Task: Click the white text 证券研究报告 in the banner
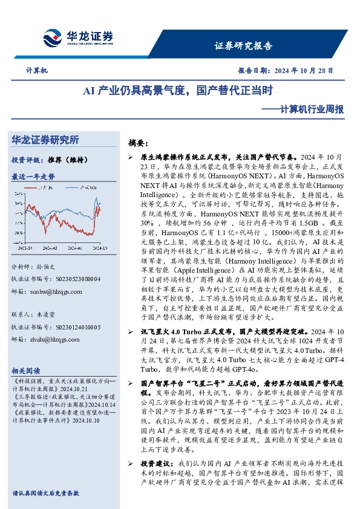244,46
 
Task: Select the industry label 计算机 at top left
36,71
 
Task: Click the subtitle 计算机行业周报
315,109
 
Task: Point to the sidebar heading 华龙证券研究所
45,140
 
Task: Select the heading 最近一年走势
33,177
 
